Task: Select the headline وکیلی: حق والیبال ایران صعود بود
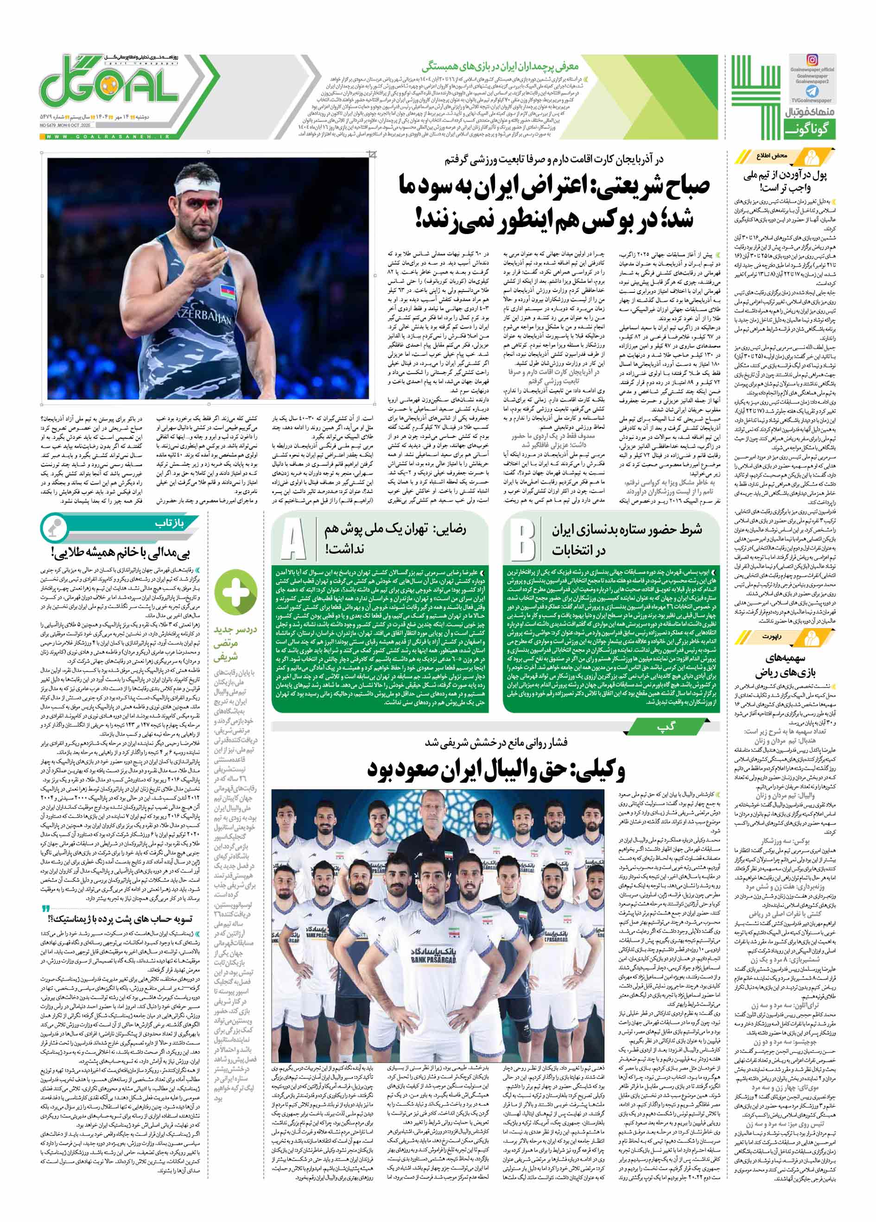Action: click(x=495, y=769)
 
